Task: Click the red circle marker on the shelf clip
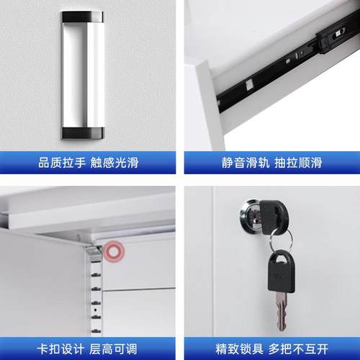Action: coord(112,252)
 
